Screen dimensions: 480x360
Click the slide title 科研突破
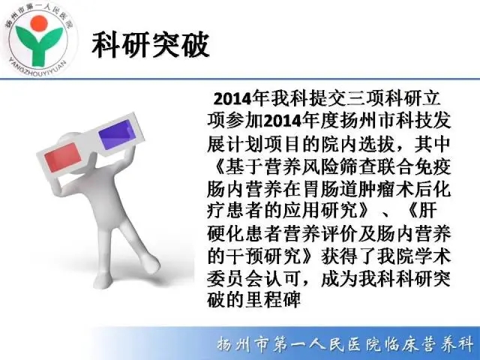point(151,44)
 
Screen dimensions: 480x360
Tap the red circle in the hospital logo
point(40,23)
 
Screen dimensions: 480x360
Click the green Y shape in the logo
point(39,46)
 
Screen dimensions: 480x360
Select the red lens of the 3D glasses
point(63,157)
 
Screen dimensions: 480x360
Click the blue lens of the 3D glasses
point(117,134)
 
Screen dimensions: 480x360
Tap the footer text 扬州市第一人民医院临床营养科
point(345,343)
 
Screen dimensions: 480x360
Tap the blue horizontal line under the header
point(240,79)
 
